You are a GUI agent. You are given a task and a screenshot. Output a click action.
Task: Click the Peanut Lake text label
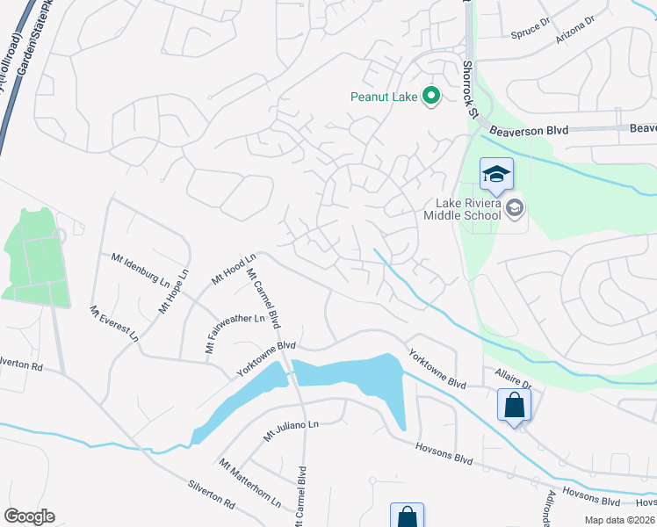384,97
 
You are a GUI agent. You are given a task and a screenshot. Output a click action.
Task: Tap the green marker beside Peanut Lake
431,96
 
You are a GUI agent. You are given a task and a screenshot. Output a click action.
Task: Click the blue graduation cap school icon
497,176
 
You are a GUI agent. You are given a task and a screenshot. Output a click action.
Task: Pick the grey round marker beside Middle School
515,208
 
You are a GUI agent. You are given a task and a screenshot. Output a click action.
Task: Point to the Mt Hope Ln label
174,292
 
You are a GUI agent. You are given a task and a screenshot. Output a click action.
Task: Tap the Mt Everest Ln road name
114,324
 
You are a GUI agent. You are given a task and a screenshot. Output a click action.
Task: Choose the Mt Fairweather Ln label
235,333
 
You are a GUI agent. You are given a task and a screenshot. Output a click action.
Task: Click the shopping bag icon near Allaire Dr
514,406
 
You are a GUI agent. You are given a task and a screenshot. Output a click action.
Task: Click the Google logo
29,516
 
